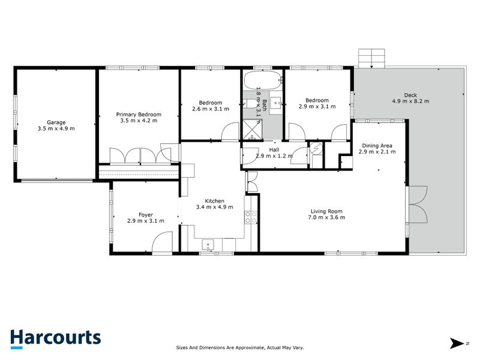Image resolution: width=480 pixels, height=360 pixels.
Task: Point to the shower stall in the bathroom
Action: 253,127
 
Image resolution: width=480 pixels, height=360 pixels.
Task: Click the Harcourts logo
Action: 55,337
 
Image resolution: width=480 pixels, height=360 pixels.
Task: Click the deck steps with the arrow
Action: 371,58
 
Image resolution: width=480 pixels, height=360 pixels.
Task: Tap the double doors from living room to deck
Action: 417,204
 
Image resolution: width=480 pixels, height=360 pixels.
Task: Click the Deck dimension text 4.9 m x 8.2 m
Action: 410,101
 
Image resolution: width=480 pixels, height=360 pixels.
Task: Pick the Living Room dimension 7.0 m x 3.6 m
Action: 326,217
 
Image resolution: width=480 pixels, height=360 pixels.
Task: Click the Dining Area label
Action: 376,145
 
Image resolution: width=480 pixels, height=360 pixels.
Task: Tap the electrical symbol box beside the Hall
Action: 316,150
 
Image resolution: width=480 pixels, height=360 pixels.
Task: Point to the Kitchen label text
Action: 214,201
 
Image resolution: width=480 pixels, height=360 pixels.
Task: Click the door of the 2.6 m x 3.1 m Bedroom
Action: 229,133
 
